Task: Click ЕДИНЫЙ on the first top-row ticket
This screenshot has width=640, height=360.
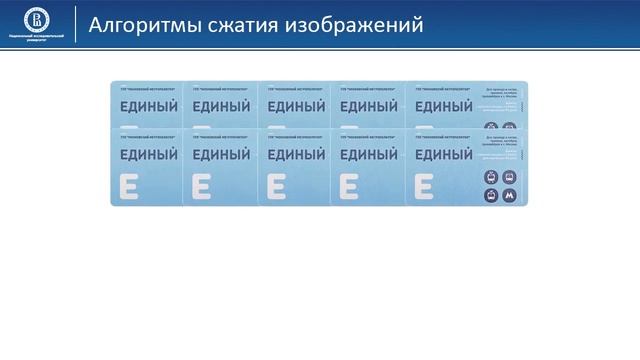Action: pyautogui.click(x=148, y=106)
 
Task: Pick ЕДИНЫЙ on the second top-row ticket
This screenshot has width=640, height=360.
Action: pyautogui.click(x=221, y=106)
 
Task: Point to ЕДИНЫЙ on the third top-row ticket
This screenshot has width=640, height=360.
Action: pyautogui.click(x=295, y=106)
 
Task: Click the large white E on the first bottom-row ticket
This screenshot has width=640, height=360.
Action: pyautogui.click(x=129, y=187)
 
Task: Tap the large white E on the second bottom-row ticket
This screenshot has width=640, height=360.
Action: pyautogui.click(x=201, y=187)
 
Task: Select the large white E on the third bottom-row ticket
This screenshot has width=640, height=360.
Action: pyautogui.click(x=275, y=187)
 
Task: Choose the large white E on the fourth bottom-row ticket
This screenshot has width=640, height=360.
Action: pyautogui.click(x=349, y=187)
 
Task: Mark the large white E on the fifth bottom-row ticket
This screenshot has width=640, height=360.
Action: pyautogui.click(x=423, y=187)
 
